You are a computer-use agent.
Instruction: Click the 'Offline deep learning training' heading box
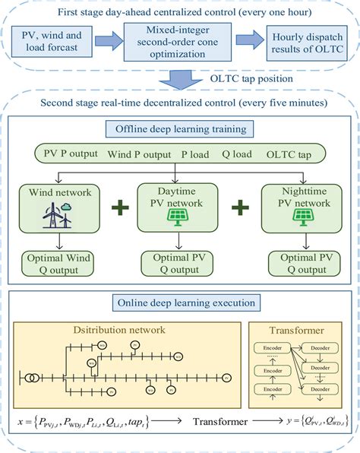pyautogui.click(x=178, y=128)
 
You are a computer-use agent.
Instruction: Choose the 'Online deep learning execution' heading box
pyautogui.click(x=179, y=303)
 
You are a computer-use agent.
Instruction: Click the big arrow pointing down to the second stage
pyautogui.click(x=181, y=78)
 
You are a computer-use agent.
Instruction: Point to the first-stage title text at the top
pyautogui.click(x=179, y=11)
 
